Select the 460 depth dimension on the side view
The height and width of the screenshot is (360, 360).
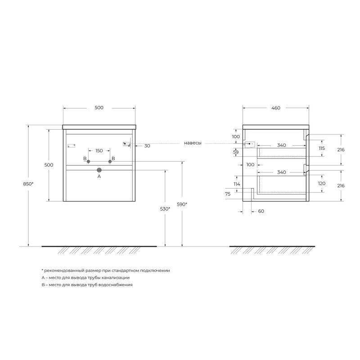point(276,108)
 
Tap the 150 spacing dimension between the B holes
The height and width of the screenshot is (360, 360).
point(99,150)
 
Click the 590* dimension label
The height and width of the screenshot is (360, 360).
point(182,204)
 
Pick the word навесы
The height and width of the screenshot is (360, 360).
point(193,144)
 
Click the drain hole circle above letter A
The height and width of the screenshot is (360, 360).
point(99,170)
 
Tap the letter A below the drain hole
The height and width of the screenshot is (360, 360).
point(99,177)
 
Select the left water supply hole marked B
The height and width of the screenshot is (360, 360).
point(89,161)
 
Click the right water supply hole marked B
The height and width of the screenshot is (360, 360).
point(109,161)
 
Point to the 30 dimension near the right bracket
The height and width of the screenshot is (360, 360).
point(147,146)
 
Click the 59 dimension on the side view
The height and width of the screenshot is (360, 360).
point(236,153)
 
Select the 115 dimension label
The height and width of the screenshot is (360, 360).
point(321,148)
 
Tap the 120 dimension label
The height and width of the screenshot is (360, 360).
point(321,184)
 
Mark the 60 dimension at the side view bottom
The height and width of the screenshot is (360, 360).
point(261,211)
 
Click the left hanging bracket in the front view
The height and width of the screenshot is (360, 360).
point(70,145)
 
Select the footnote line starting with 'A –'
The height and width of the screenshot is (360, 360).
point(88,278)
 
